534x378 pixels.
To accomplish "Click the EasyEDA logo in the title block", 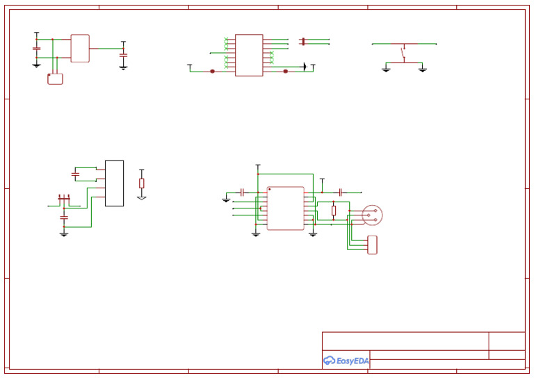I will click(x=346, y=360).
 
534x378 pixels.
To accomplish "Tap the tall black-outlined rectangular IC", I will click(x=114, y=183).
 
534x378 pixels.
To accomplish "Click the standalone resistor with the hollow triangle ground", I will click(x=142, y=183).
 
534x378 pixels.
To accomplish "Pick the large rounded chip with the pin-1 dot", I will click(x=285, y=208).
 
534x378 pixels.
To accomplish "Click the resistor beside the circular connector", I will click(x=334, y=210).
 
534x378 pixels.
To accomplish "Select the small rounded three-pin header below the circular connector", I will click(x=373, y=245).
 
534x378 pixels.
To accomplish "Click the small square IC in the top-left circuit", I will click(x=80, y=48).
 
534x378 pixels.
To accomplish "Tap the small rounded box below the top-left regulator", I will click(x=55, y=79).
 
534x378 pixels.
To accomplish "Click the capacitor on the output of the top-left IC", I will click(x=123, y=54).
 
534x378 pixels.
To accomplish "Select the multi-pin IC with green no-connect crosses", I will click(x=249, y=55).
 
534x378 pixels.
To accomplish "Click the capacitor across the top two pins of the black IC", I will click(x=75, y=172).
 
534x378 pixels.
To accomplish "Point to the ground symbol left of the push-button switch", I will click(x=386, y=69).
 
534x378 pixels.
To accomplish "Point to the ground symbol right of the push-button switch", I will click(x=422, y=69).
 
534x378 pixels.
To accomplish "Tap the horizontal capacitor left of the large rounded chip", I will click(x=242, y=191).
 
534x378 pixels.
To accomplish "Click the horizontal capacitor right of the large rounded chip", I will click(x=341, y=191).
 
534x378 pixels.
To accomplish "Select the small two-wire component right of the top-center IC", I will click(x=302, y=42).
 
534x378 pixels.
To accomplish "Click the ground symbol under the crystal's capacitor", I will click(x=64, y=233).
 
